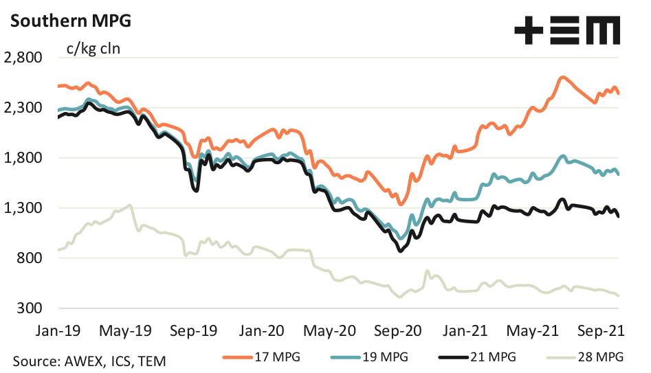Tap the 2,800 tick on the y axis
(24, 58)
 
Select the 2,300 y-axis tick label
(24, 108)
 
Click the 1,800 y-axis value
(24, 158)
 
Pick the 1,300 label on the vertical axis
(24, 208)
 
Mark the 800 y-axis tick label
(30, 258)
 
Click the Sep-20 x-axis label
(399, 331)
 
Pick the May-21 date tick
(533, 331)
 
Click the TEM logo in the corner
(567, 32)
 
